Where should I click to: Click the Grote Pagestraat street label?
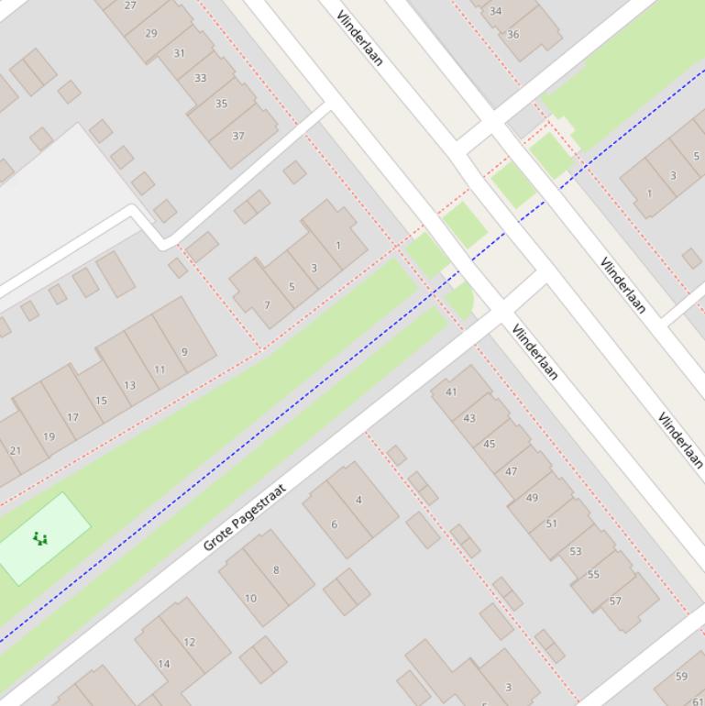click(245, 517)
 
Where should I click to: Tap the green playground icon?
click(39, 538)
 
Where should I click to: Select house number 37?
click(238, 136)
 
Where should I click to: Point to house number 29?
click(151, 33)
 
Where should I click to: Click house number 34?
click(496, 11)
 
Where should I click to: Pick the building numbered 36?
click(513, 35)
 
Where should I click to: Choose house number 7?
click(267, 305)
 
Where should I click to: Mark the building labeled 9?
click(184, 351)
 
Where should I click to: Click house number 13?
click(129, 385)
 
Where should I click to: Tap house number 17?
click(72, 417)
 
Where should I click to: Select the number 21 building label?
click(16, 450)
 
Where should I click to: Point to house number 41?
click(451, 392)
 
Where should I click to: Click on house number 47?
click(512, 471)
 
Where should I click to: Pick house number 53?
click(576, 551)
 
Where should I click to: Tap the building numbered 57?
click(615, 601)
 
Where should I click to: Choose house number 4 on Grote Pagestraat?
click(358, 500)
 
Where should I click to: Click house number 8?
click(276, 569)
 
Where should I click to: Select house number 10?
click(250, 598)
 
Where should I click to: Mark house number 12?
click(189, 642)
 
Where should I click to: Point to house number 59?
click(681, 677)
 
